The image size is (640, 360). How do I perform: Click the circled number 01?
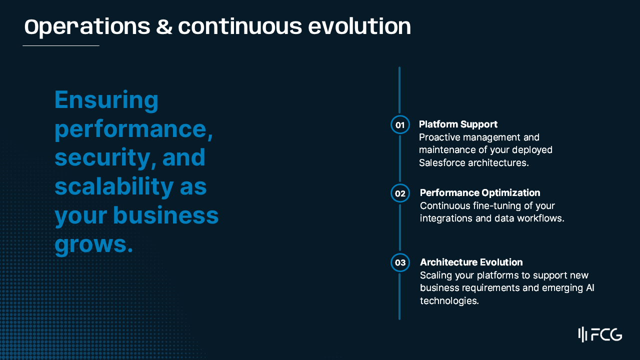point(400,124)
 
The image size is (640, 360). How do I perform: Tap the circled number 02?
point(400,193)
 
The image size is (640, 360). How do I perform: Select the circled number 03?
point(400,262)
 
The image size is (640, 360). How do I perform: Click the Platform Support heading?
point(458,124)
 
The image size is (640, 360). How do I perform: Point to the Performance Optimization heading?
point(480,193)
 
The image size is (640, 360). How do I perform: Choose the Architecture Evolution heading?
point(471,262)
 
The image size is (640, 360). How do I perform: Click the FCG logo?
point(600,334)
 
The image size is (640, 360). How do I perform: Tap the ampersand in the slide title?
point(164,26)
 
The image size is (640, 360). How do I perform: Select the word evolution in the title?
point(359,26)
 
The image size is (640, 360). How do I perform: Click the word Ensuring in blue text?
point(106,100)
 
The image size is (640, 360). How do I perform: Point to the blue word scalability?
point(114,187)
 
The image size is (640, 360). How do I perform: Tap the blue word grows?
point(93,245)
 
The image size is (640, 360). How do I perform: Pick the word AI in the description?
point(590,287)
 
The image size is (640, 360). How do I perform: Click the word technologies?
point(449,300)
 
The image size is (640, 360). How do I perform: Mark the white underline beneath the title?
point(61,45)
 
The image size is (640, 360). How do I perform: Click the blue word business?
point(165,215)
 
